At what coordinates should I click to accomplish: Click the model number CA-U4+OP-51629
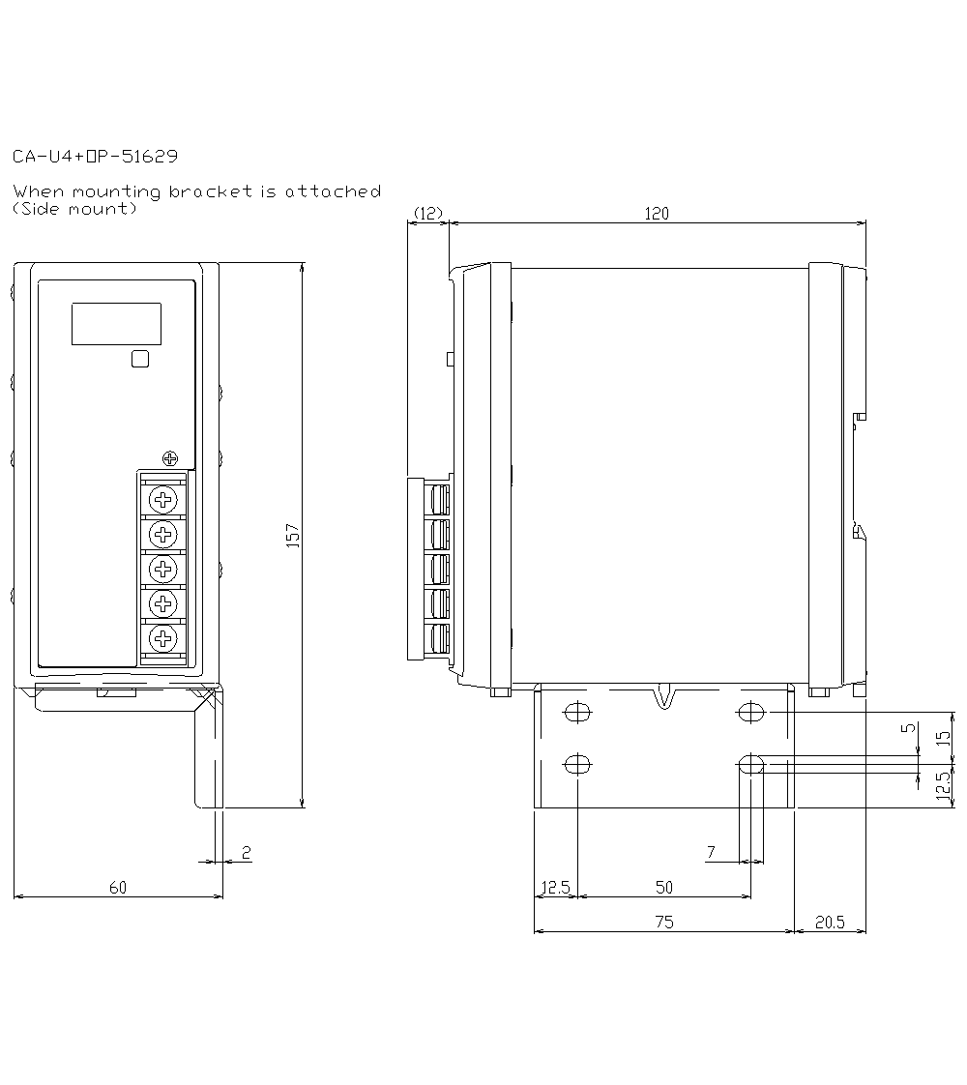point(95,156)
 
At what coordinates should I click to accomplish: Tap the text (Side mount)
point(73,209)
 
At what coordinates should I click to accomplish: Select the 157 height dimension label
point(293,536)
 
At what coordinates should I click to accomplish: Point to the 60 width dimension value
point(117,887)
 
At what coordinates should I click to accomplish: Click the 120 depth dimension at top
point(657,214)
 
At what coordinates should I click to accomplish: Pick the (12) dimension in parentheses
point(426,213)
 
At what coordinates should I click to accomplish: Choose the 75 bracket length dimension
point(663,923)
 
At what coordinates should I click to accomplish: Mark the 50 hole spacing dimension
point(663,887)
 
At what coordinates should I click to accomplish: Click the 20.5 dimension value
point(829,923)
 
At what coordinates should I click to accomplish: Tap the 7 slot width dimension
point(711,852)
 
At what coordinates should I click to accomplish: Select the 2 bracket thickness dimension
point(246,852)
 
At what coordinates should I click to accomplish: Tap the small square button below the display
point(140,360)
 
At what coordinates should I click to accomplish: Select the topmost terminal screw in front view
point(164,500)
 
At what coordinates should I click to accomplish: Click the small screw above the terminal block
point(171,457)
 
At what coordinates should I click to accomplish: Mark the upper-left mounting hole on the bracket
point(577,713)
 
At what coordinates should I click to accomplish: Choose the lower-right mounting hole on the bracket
point(751,765)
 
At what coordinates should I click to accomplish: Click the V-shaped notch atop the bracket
point(663,696)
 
